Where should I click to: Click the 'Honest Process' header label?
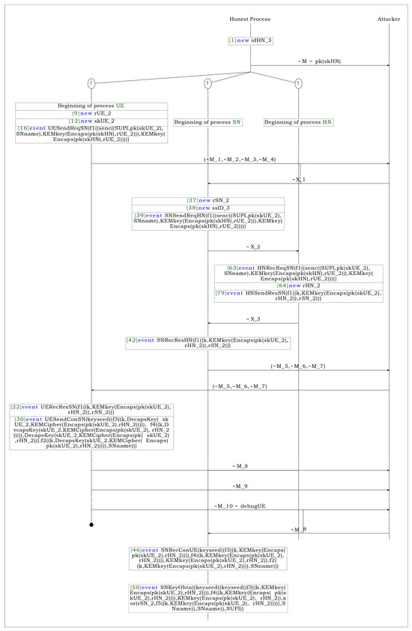(x=249, y=17)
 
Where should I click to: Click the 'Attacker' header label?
(x=389, y=17)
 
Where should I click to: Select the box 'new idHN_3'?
(x=250, y=40)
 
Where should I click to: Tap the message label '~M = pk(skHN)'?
(x=319, y=61)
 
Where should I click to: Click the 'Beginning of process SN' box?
(x=207, y=121)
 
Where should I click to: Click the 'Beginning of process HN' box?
(x=298, y=121)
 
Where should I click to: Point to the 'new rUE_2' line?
(x=91, y=113)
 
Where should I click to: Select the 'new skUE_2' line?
(x=91, y=121)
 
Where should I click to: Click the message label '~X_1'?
(x=297, y=180)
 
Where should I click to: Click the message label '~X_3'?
(x=252, y=298)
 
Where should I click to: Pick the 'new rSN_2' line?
(x=207, y=200)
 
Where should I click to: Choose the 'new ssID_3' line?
(x=207, y=208)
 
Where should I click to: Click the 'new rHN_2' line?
(x=298, y=285)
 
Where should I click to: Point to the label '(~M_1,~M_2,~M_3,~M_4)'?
(x=239, y=160)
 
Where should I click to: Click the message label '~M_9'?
(x=240, y=486)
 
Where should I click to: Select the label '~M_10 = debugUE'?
(x=240, y=507)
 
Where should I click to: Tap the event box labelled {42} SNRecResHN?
(x=207, y=342)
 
